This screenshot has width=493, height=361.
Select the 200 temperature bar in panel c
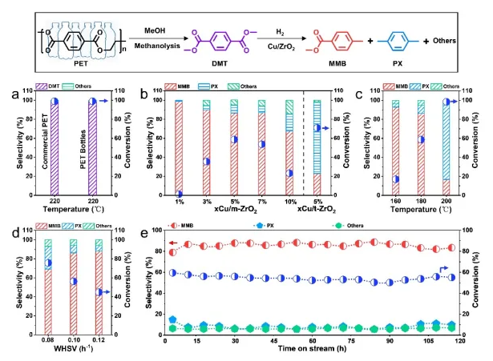[x=444, y=147]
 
